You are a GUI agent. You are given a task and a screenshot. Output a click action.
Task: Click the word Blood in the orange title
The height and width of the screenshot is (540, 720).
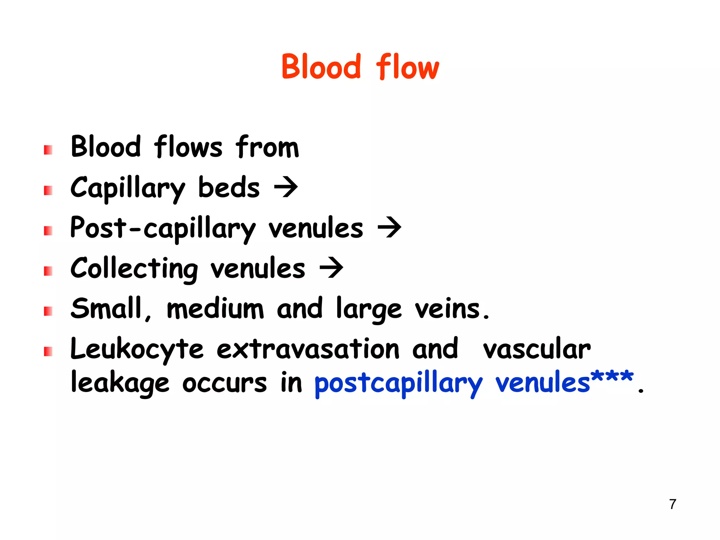click(x=321, y=67)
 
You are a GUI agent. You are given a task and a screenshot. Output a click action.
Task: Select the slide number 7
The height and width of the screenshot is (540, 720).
click(x=673, y=504)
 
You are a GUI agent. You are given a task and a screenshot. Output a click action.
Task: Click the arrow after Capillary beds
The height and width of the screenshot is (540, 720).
click(x=286, y=187)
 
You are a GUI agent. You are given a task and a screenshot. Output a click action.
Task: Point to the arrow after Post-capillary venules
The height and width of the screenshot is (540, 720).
click(x=389, y=227)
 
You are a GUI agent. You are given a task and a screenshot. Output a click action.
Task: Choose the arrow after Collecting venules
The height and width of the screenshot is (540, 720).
click(x=331, y=268)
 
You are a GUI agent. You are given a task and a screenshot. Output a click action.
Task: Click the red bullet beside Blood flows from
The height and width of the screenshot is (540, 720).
click(x=48, y=150)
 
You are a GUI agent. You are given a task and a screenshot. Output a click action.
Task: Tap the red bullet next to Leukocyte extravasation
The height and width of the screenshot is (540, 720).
click(x=48, y=351)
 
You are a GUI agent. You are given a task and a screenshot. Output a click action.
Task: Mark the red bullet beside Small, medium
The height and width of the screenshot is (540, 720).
click(x=48, y=311)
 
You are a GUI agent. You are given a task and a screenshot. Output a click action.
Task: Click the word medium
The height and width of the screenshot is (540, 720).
click(x=215, y=309)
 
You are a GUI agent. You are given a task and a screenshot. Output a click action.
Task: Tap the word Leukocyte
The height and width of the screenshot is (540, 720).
click(x=137, y=349)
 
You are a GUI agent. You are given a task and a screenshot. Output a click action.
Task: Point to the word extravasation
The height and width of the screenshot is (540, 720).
click(x=308, y=349)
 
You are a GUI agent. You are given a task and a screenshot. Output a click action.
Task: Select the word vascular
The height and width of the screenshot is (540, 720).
click(x=536, y=349)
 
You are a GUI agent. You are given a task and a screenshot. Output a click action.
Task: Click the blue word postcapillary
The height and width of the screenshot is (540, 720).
click(x=398, y=384)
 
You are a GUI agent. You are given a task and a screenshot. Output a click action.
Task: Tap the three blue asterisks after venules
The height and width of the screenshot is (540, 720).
click(x=612, y=377)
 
